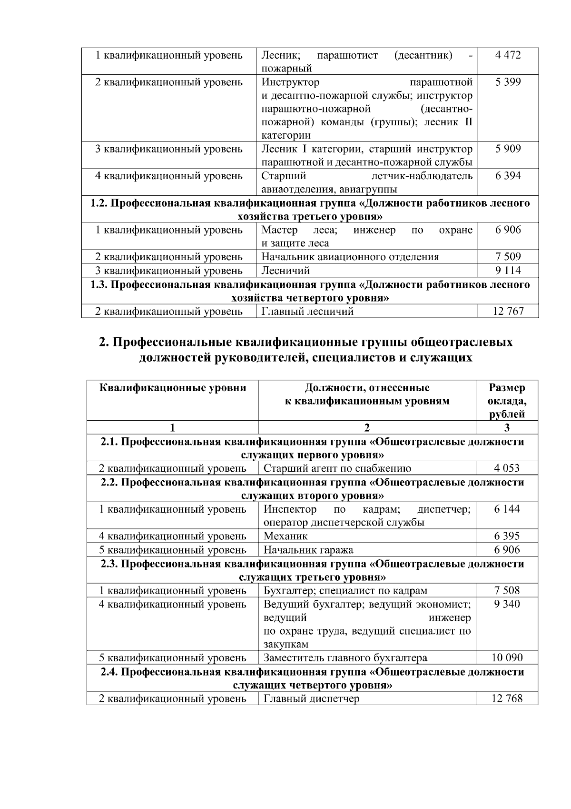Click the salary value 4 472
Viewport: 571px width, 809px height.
508,55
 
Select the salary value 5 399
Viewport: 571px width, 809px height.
508,82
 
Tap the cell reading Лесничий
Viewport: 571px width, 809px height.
285,271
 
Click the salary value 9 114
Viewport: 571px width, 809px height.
508,271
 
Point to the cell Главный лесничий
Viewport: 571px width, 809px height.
307,312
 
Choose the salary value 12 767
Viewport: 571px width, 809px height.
508,312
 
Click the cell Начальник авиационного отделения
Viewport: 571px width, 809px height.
350,257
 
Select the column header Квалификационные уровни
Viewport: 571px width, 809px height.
173,388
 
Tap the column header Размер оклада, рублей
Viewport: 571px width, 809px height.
507,401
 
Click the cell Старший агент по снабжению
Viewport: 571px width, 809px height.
337,468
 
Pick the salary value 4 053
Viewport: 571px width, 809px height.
507,468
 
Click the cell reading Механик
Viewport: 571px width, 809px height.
285,536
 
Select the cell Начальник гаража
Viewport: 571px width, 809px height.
308,550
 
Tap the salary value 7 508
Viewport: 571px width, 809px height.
507,591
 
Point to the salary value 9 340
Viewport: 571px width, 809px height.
507,605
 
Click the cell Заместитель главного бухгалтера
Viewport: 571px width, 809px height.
345,658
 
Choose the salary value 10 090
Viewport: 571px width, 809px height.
507,658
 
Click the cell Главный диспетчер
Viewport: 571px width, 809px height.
312,699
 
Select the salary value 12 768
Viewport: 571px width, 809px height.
507,699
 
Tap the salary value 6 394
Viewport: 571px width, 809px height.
508,176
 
